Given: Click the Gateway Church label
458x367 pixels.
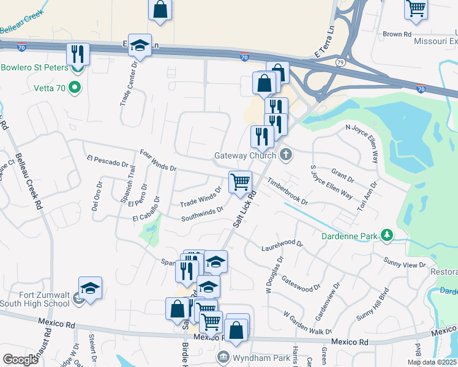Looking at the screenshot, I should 245,155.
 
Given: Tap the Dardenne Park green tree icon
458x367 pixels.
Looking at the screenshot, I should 386,235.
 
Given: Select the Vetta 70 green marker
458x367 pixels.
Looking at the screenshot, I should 75,87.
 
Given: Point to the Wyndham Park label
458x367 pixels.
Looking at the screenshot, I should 251,356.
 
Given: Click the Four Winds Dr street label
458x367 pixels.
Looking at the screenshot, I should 158,160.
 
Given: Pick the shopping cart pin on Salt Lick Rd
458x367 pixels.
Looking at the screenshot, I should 240,181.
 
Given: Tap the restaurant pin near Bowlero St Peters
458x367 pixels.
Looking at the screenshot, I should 78,53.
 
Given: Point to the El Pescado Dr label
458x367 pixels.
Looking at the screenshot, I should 107,161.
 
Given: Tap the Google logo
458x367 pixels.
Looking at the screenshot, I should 21,359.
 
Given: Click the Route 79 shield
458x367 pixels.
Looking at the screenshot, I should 340,62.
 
